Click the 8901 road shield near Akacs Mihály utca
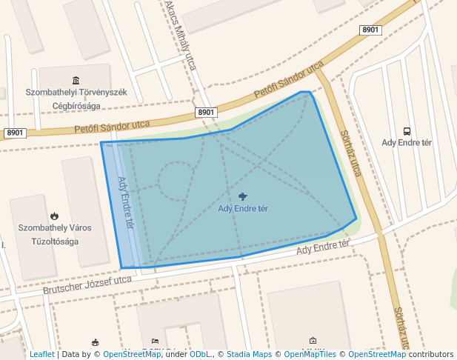click(x=206, y=113)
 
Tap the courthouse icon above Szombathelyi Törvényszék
click(x=76, y=80)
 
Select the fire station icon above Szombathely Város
click(x=54, y=216)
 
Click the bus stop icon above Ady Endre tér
click(x=406, y=130)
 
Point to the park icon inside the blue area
click(x=243, y=196)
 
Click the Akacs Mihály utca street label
click(x=181, y=35)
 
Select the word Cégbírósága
click(x=76, y=105)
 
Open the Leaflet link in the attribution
click(x=41, y=355)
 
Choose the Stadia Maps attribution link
click(x=249, y=355)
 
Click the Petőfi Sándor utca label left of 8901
click(x=112, y=127)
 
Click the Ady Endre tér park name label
click(x=243, y=208)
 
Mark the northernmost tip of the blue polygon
click(x=302, y=92)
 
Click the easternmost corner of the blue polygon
click(x=356, y=219)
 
